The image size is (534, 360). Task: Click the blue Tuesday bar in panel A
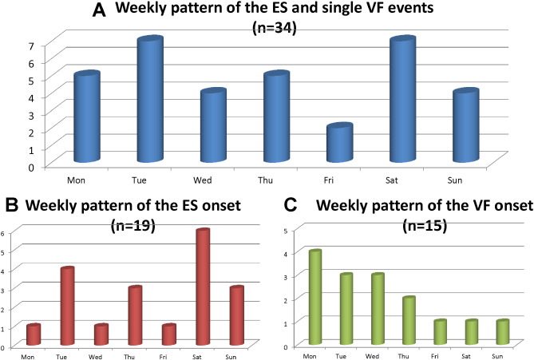coord(150,100)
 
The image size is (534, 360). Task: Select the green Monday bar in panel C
coord(315,298)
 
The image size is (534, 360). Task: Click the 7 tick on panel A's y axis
coord(8,45)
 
